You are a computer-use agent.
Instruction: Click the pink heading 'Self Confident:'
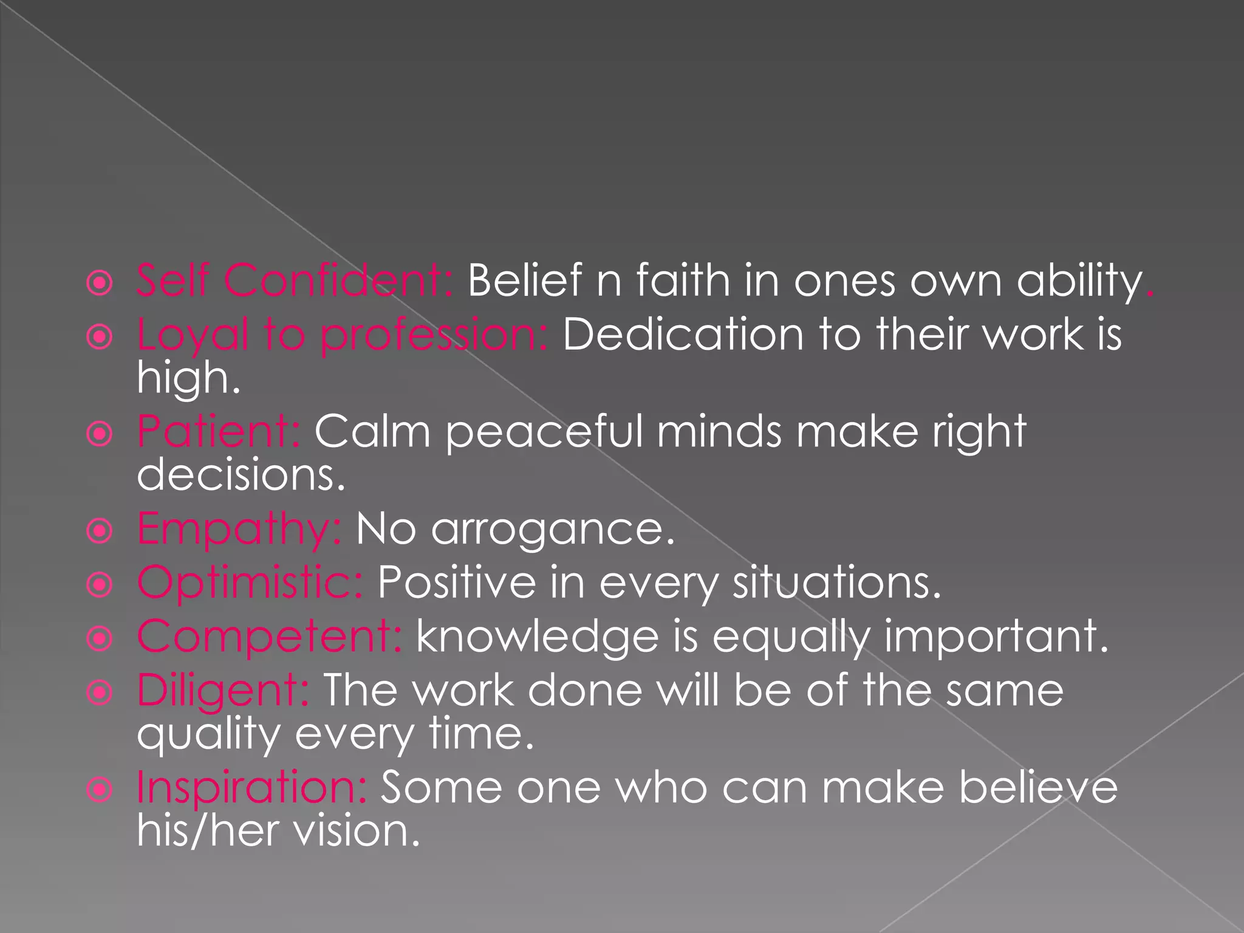point(295,281)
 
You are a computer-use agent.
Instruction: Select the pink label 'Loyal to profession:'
point(342,335)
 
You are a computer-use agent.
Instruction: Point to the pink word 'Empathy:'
point(239,528)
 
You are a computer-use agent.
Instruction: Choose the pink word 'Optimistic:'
point(250,582)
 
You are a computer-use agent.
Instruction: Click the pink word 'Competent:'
point(269,636)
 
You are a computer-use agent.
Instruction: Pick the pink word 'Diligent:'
point(223,690)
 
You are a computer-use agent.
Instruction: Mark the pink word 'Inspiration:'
point(251,787)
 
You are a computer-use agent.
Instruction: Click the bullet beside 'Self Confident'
point(100,283)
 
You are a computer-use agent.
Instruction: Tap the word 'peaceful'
point(544,431)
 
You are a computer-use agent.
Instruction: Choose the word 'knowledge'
point(538,636)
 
